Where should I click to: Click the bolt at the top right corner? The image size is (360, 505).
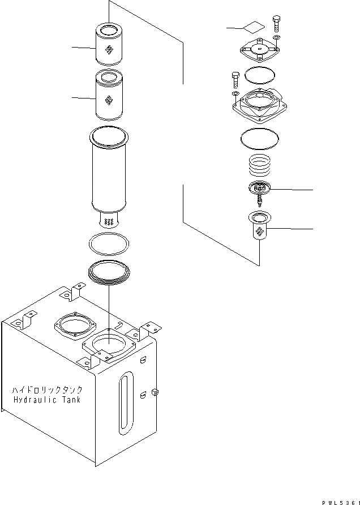(x=276, y=24)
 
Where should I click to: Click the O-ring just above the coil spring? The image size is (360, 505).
(x=259, y=137)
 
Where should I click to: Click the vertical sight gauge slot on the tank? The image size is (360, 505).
(x=123, y=406)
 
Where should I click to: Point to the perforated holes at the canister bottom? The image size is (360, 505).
(x=109, y=221)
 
